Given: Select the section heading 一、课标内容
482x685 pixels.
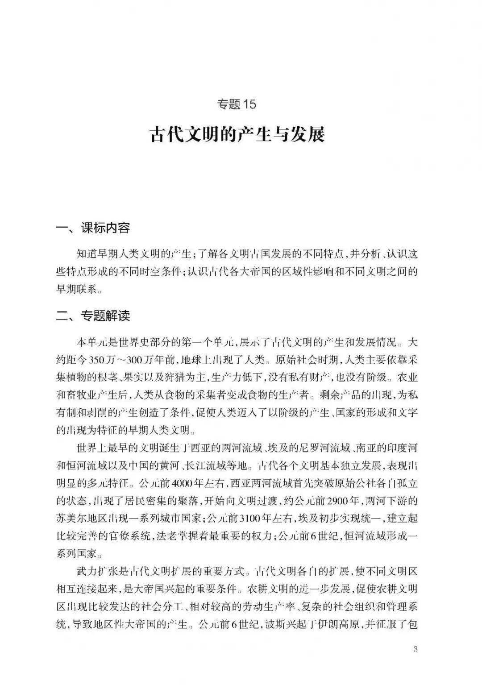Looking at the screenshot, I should click(93, 228).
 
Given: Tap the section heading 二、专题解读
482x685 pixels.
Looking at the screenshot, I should click(93, 316).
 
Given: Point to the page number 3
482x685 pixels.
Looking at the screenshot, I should click(415, 649).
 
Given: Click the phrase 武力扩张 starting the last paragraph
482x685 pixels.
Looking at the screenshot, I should click(94, 571).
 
